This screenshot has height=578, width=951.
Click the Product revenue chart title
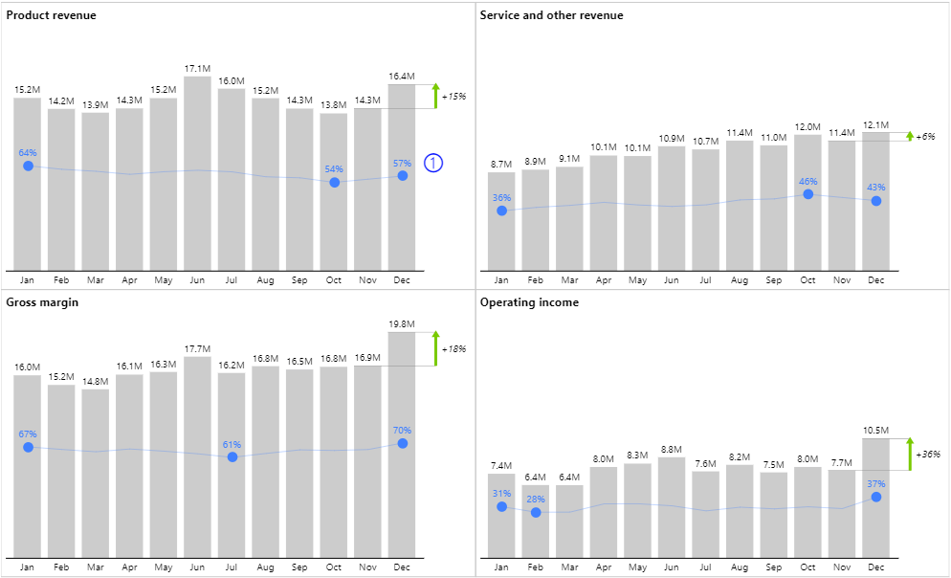click(51, 15)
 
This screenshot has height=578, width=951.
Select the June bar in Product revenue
click(197, 172)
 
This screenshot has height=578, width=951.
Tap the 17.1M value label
click(197, 69)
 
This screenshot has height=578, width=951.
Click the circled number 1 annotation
click(433, 163)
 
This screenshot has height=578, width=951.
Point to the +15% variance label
click(453, 97)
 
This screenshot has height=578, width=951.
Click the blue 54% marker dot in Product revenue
click(334, 182)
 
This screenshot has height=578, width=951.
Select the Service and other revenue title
click(551, 15)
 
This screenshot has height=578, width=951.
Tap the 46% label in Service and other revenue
click(808, 181)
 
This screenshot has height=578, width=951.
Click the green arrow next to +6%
click(910, 137)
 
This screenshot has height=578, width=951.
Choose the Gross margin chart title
click(42, 302)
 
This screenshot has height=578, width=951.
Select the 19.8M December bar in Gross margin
click(402, 445)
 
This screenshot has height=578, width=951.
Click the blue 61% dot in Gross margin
click(232, 457)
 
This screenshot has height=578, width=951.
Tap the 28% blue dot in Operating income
click(536, 513)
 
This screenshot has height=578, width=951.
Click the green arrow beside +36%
click(910, 455)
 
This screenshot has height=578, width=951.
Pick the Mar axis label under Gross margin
click(96, 567)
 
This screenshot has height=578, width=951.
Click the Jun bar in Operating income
click(672, 507)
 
